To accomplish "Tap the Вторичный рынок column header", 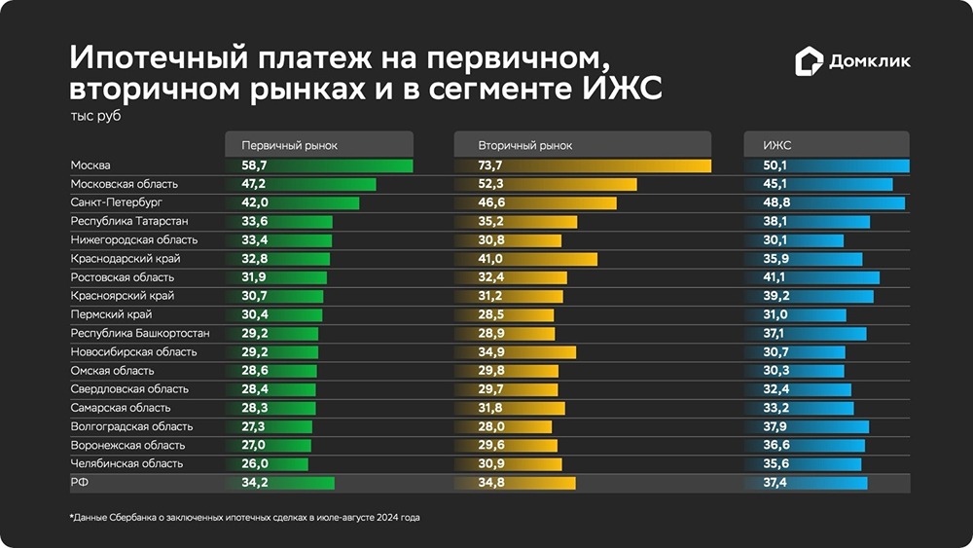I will click(524, 145).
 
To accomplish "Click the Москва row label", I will click(90, 165).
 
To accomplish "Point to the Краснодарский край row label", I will click(126, 259).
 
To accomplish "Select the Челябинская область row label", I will click(126, 463).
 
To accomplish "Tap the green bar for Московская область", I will click(321, 184).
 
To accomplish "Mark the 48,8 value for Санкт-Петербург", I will click(775, 202).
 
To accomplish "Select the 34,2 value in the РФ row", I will click(255, 483).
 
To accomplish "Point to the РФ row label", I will click(79, 483).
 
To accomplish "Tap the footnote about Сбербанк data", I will click(243, 517).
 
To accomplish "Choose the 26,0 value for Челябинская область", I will click(255, 463).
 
